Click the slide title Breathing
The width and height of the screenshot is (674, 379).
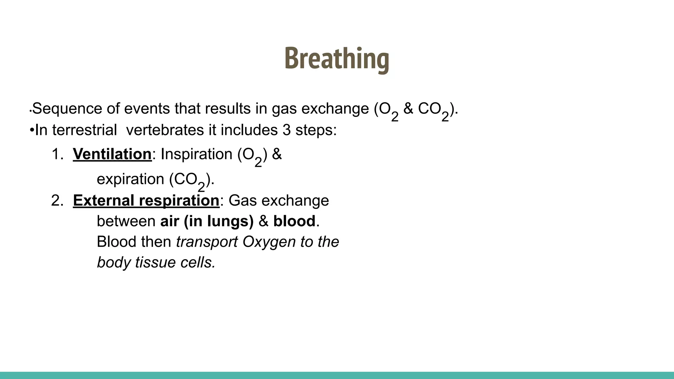[336, 59]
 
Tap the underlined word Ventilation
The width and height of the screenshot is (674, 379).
[112, 154]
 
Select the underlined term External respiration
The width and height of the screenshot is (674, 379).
[146, 200]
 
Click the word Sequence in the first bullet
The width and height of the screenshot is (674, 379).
[67, 109]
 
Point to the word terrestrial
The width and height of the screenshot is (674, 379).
[85, 130]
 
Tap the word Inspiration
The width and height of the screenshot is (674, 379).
[196, 154]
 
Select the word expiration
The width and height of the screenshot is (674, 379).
[130, 179]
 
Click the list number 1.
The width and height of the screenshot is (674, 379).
[57, 154]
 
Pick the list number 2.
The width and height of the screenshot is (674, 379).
[57, 200]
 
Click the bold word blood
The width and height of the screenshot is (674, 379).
[294, 221]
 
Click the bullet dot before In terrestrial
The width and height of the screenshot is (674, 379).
[32, 130]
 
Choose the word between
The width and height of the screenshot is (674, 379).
[126, 221]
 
